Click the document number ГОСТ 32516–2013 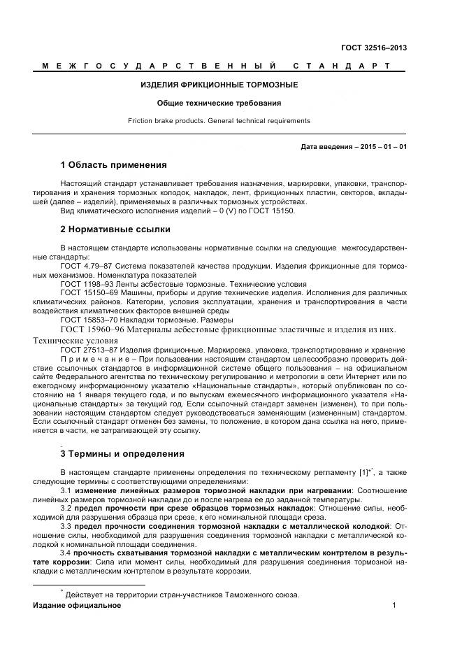[x=374, y=48]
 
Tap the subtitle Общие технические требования [x=219, y=103]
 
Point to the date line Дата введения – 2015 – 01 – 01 [x=354, y=147]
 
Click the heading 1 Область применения [x=113, y=165]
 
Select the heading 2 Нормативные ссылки [x=115, y=229]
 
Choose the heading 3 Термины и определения [x=122, y=453]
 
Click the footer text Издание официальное [x=77, y=605]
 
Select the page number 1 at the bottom [x=394, y=605]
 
